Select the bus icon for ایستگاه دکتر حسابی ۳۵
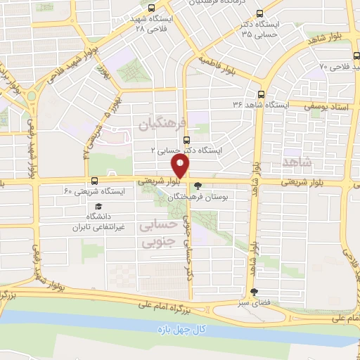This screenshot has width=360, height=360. (261, 13)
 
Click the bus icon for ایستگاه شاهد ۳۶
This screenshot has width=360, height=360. (262, 94)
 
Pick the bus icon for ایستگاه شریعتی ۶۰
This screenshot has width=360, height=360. (94, 180)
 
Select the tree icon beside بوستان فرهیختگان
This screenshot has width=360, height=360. (199, 186)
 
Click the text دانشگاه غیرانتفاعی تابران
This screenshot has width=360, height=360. (99, 223)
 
